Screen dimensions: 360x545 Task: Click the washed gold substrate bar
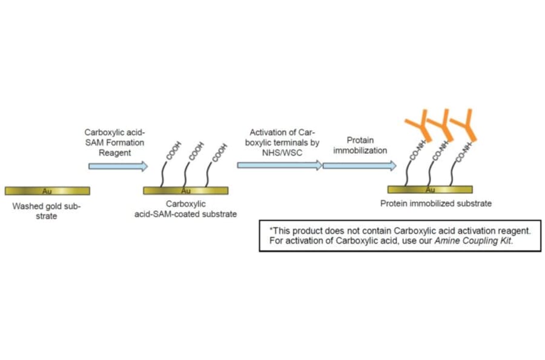coord(47,191)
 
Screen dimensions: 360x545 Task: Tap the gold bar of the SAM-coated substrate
coord(186,191)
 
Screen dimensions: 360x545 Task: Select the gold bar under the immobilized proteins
coord(431,189)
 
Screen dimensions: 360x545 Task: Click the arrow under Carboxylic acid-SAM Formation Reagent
coord(117,166)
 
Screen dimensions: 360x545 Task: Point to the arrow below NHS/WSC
coord(279,165)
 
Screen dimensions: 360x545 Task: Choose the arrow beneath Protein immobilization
coord(360,165)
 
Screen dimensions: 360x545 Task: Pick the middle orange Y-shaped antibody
coord(440,124)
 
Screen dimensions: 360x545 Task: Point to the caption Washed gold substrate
coord(47,211)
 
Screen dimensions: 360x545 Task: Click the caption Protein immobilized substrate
coord(435,204)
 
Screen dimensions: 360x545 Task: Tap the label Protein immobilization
coord(360,145)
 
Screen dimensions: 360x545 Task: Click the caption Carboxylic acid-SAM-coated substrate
coord(186,209)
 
